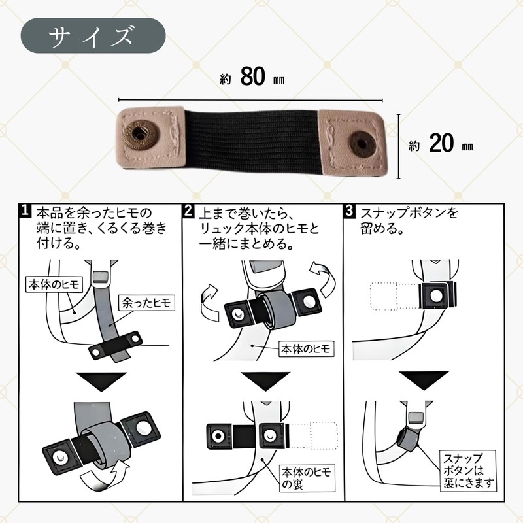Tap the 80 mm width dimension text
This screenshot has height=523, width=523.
pyautogui.click(x=252, y=77)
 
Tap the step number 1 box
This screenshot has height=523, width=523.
pyautogui.click(x=25, y=212)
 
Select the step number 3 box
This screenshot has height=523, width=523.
pyautogui.click(x=349, y=212)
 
